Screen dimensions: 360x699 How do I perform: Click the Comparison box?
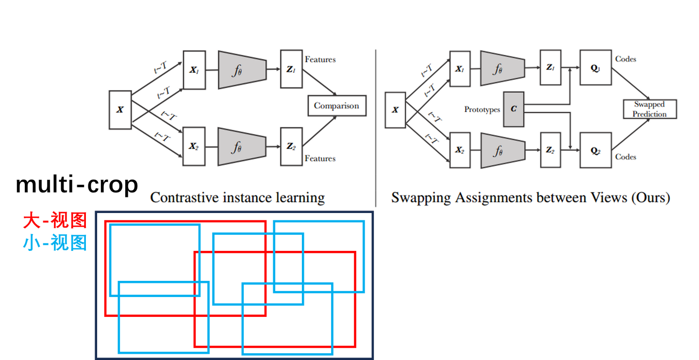click(x=336, y=106)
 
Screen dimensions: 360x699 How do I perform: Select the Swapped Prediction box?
click(x=649, y=109)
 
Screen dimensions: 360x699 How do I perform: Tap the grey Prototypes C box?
click(x=514, y=109)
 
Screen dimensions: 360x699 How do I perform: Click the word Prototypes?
click(x=482, y=110)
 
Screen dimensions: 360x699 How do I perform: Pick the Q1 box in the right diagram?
click(x=595, y=68)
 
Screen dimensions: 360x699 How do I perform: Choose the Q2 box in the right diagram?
click(x=595, y=150)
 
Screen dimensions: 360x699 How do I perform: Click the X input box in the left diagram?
click(x=120, y=110)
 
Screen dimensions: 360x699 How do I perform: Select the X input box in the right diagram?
click(x=395, y=110)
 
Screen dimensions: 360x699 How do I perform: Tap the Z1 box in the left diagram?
click(x=291, y=69)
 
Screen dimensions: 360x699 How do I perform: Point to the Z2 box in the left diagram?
click(x=291, y=147)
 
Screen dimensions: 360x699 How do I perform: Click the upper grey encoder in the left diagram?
click(x=242, y=69)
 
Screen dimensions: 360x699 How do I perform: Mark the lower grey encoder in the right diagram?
click(x=502, y=150)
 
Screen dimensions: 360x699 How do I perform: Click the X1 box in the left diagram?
click(x=194, y=69)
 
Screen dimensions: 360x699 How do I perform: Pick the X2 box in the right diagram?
click(x=460, y=150)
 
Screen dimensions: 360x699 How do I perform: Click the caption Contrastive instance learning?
click(x=237, y=197)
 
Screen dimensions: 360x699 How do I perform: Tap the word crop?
click(x=113, y=185)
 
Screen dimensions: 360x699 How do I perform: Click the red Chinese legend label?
click(x=55, y=221)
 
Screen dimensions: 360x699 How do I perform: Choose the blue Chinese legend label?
click(x=55, y=242)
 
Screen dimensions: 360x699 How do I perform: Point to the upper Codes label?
click(x=626, y=59)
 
